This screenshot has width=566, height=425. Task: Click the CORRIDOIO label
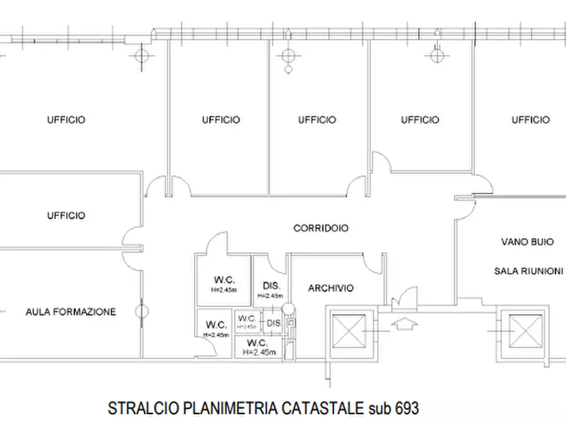pyautogui.click(x=321, y=228)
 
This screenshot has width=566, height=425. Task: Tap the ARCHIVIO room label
pyautogui.click(x=331, y=288)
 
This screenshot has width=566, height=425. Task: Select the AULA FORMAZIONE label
pyautogui.click(x=71, y=312)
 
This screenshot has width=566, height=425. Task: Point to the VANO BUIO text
pyautogui.click(x=527, y=242)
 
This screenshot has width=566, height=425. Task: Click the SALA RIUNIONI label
pyautogui.click(x=528, y=270)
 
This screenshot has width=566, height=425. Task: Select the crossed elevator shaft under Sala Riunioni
pyautogui.click(x=522, y=330)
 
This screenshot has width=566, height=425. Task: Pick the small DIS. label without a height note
pyautogui.click(x=274, y=324)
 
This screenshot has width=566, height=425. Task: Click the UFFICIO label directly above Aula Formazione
pyautogui.click(x=66, y=216)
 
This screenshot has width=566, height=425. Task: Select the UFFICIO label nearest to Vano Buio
pyautogui.click(x=531, y=119)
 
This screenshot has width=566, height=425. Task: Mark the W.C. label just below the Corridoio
pyautogui.click(x=224, y=280)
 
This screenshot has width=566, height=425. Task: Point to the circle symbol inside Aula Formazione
pyautogui.click(x=142, y=311)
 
